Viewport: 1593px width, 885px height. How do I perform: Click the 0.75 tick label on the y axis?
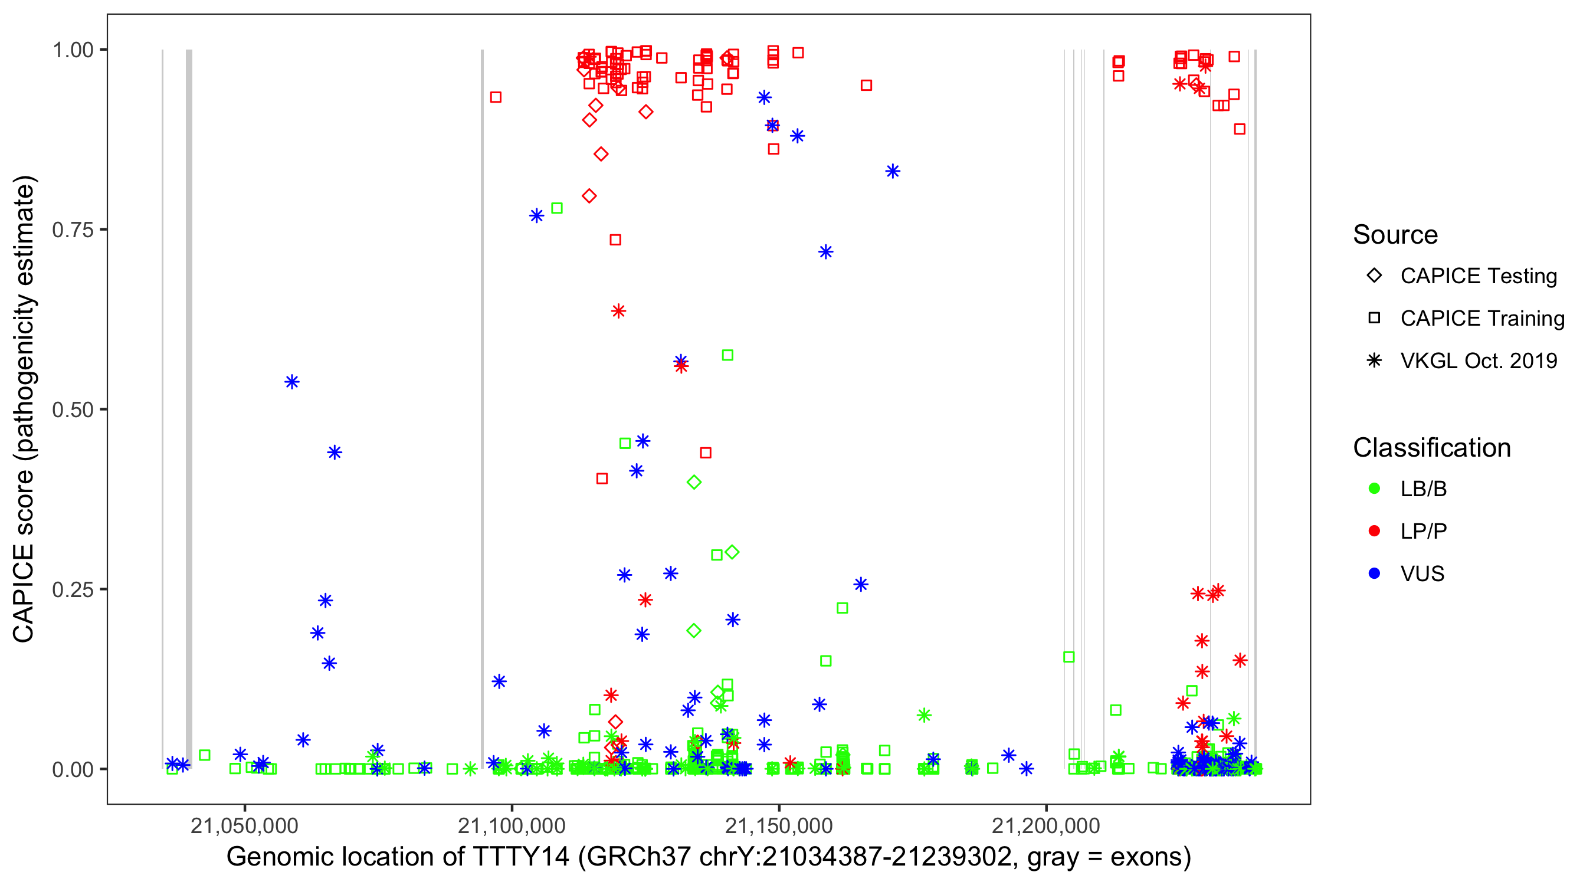tap(73, 230)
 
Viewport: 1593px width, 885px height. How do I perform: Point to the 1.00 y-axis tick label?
tap(73, 50)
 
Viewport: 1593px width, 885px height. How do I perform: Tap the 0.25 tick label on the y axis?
tap(73, 589)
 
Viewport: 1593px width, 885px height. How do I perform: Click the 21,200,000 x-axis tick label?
tap(1045, 825)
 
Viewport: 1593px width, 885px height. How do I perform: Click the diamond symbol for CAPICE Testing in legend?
tap(1374, 276)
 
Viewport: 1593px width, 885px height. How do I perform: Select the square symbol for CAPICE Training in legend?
tap(1374, 319)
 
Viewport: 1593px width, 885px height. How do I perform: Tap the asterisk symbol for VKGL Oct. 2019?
tap(1374, 360)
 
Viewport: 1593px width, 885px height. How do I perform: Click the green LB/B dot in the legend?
tap(1374, 489)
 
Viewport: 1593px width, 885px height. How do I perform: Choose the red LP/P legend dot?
tap(1374, 531)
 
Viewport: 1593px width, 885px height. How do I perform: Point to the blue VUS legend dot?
tap(1374, 573)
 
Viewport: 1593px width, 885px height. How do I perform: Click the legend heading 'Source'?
tap(1395, 235)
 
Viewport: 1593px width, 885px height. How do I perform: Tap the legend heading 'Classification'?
tap(1431, 448)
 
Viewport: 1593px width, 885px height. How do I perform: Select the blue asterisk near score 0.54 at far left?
tap(292, 382)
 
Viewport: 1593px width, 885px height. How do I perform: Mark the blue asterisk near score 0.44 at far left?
tap(335, 453)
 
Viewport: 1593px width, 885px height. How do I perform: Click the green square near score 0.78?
tap(556, 208)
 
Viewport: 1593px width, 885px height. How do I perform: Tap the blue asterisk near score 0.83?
tap(892, 171)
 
